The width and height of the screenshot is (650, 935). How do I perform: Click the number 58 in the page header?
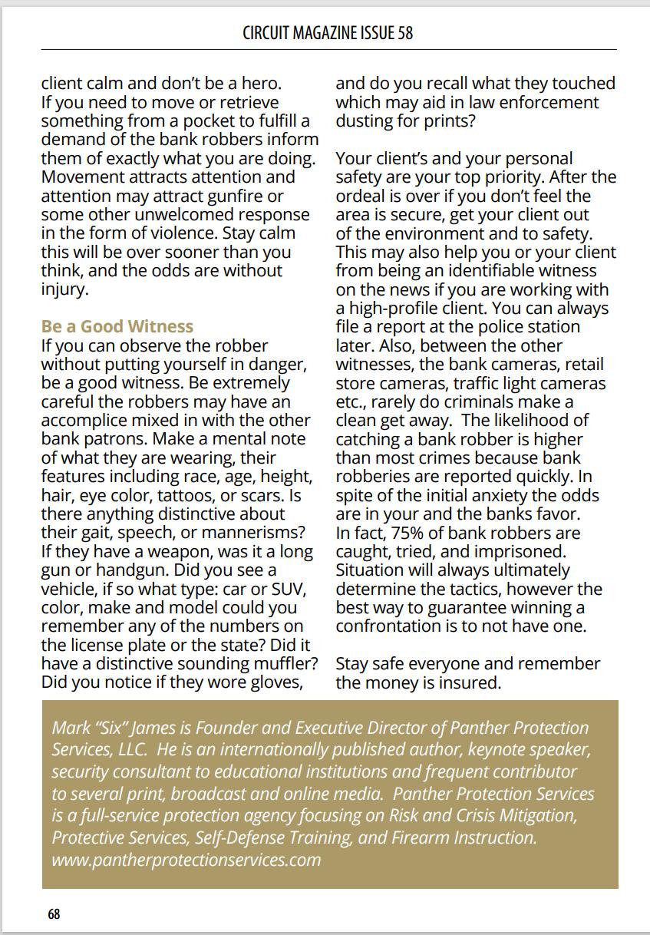tap(405, 33)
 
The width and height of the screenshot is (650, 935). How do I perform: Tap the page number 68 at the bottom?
tap(54, 914)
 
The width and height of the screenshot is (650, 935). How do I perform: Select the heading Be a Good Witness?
tap(117, 326)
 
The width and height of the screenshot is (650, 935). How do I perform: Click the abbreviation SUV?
tap(289, 589)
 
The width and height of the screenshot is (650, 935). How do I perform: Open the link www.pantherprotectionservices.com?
tap(186, 859)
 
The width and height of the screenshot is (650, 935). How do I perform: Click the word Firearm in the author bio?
tap(421, 837)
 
